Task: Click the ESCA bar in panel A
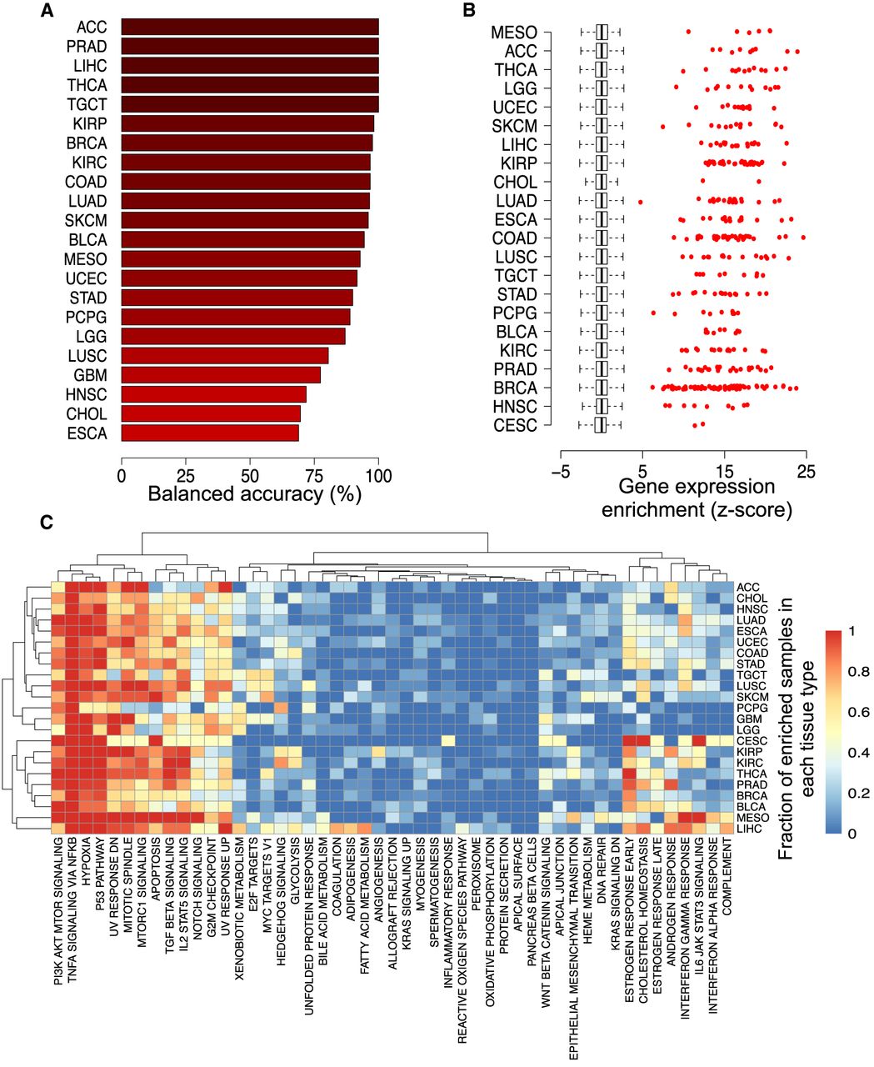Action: tap(210, 433)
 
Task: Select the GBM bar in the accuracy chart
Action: tap(221, 374)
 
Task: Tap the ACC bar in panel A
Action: tap(250, 27)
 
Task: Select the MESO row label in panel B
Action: tap(514, 33)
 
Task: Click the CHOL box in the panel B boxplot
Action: tap(601, 182)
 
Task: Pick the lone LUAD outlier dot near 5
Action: tap(641, 202)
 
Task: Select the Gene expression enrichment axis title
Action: tap(697, 497)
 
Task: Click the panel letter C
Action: tap(47, 523)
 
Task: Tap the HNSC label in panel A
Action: tap(87, 394)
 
